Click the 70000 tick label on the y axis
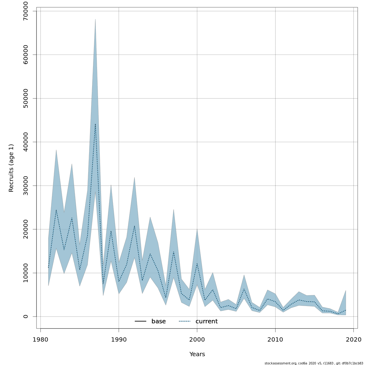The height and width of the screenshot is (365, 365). click(26, 11)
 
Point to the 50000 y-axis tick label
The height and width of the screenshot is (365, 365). click(26, 99)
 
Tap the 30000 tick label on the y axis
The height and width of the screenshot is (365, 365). click(26, 186)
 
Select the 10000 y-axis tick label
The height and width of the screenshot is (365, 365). click(26, 273)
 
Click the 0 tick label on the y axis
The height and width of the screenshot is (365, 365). click(26, 316)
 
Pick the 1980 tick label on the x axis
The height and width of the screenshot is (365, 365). click(40, 339)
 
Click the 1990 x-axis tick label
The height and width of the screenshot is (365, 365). click(119, 339)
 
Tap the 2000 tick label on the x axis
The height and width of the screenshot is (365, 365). click(197, 339)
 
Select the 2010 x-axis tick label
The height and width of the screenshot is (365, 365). click(275, 339)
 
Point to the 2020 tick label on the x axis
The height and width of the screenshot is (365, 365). click(353, 339)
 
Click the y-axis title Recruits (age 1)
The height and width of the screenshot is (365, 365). click(11, 168)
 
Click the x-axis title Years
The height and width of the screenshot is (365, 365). click(197, 354)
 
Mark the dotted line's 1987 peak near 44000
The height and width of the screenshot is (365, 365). click(95, 124)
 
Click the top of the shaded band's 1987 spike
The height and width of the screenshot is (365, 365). click(95, 19)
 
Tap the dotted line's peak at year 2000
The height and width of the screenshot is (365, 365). click(197, 263)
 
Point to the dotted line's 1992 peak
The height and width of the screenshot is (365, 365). click(134, 225)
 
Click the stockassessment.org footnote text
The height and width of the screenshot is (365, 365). click(314, 363)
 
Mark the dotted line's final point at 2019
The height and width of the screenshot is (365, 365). click(346, 310)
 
